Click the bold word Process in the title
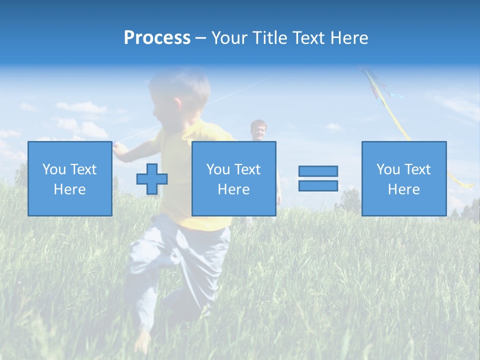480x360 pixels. tap(157, 38)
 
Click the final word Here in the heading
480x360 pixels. tap(348, 38)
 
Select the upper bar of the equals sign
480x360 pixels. tap(318, 171)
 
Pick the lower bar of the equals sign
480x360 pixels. tap(318, 185)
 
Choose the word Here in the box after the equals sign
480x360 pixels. tap(403, 189)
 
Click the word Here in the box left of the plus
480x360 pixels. tap(69, 189)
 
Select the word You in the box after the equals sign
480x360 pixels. tap(388, 169)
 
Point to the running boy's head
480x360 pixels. tap(180, 92)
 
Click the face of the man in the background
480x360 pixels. tap(258, 131)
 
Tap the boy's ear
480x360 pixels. tap(177, 104)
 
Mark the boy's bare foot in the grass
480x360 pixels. tap(142, 340)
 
